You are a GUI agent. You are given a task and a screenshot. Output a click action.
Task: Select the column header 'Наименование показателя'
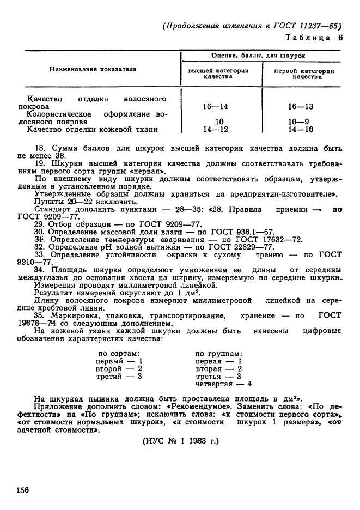tap(93, 69)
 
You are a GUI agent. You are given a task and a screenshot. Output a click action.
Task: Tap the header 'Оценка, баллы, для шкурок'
tap(258, 56)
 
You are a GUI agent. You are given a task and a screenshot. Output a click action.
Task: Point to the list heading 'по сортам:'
tap(118, 353)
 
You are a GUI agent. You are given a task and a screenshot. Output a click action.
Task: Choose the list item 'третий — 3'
tap(119, 376)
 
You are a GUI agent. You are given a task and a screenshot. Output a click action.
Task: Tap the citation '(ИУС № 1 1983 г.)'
tap(180, 441)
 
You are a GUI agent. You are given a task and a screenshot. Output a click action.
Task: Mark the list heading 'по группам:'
tap(219, 353)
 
